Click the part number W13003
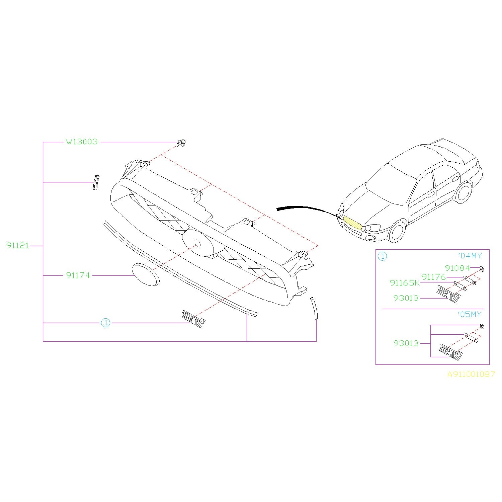pos(82,142)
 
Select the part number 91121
pos(18,245)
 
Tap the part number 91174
pos(78,275)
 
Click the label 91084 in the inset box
pos(457,268)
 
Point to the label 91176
pos(434,277)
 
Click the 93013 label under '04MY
pos(406,298)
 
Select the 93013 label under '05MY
pos(406,343)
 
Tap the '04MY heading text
pos(470,256)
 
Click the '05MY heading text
pos(470,315)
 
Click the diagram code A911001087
pos(471,374)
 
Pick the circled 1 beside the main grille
pos(105,323)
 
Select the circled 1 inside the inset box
pos(382,256)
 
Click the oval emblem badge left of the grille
pos(145,274)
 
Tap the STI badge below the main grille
pos(193,319)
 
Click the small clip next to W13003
pos(181,143)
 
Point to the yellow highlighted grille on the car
pos(353,223)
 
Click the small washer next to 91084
pos(482,269)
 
